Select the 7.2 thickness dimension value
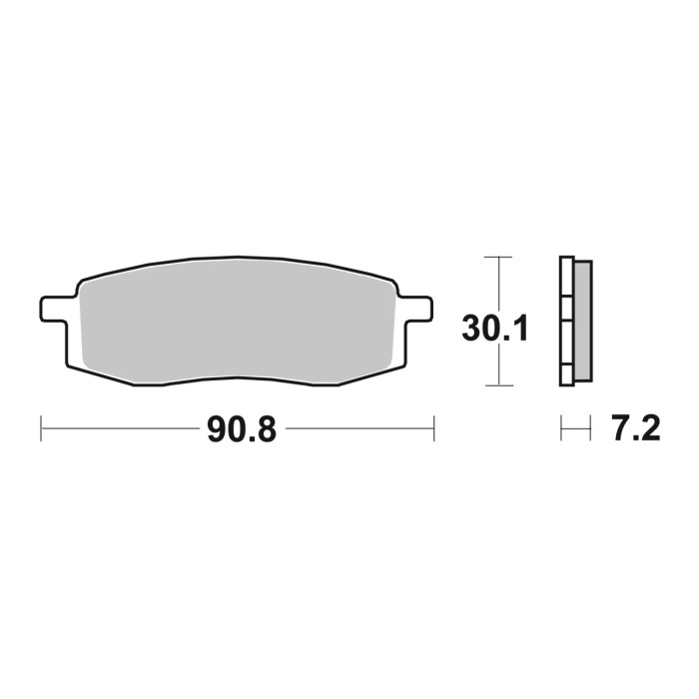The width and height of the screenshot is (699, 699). coord(633,430)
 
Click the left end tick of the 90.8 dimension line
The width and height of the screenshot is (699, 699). coord(41,430)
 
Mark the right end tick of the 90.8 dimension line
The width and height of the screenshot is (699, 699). coord(434,430)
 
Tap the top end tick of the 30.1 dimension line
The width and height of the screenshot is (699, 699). coord(497,258)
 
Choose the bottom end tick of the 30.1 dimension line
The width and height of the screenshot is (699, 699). coord(497,385)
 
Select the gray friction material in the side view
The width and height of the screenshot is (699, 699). coord(582,319)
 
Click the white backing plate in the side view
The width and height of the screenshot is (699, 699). coord(566,320)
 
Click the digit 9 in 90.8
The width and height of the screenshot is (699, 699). coord(214,430)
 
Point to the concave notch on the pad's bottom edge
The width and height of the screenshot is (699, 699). coord(235,381)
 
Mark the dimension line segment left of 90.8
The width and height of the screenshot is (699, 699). coord(120,430)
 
